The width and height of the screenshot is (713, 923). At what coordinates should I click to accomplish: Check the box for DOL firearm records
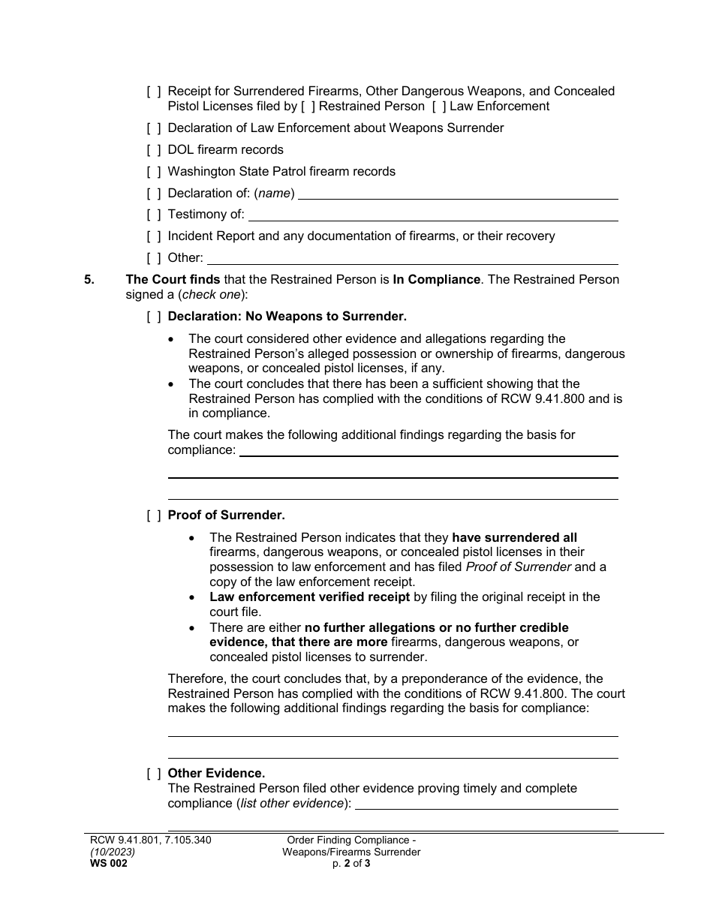click(154, 150)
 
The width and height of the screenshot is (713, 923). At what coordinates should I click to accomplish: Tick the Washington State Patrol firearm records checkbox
click(154, 172)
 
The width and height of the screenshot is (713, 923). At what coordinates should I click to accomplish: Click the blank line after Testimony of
click(433, 215)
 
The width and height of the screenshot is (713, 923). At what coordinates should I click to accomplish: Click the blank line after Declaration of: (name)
click(458, 194)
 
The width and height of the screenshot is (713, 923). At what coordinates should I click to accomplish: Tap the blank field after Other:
click(412, 259)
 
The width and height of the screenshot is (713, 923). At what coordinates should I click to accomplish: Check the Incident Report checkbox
click(154, 236)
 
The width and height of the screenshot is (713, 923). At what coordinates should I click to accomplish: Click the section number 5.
click(89, 280)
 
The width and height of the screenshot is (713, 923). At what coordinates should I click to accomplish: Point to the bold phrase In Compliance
click(436, 280)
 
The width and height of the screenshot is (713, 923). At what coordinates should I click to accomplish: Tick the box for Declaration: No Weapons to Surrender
click(154, 317)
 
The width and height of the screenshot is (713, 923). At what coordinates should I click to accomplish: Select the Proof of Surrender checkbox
click(154, 516)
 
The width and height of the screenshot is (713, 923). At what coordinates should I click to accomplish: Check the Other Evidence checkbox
click(154, 774)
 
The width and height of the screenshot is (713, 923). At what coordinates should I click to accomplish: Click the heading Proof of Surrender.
click(226, 516)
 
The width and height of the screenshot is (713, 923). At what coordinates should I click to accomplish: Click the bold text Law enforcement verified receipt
click(309, 597)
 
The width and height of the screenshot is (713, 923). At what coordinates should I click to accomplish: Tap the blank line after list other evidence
click(486, 804)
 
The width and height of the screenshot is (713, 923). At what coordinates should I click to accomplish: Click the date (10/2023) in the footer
click(110, 852)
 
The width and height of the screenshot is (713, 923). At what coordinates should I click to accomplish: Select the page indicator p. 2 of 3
click(351, 864)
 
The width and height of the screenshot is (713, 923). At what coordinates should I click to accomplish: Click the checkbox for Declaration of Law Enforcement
click(154, 128)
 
